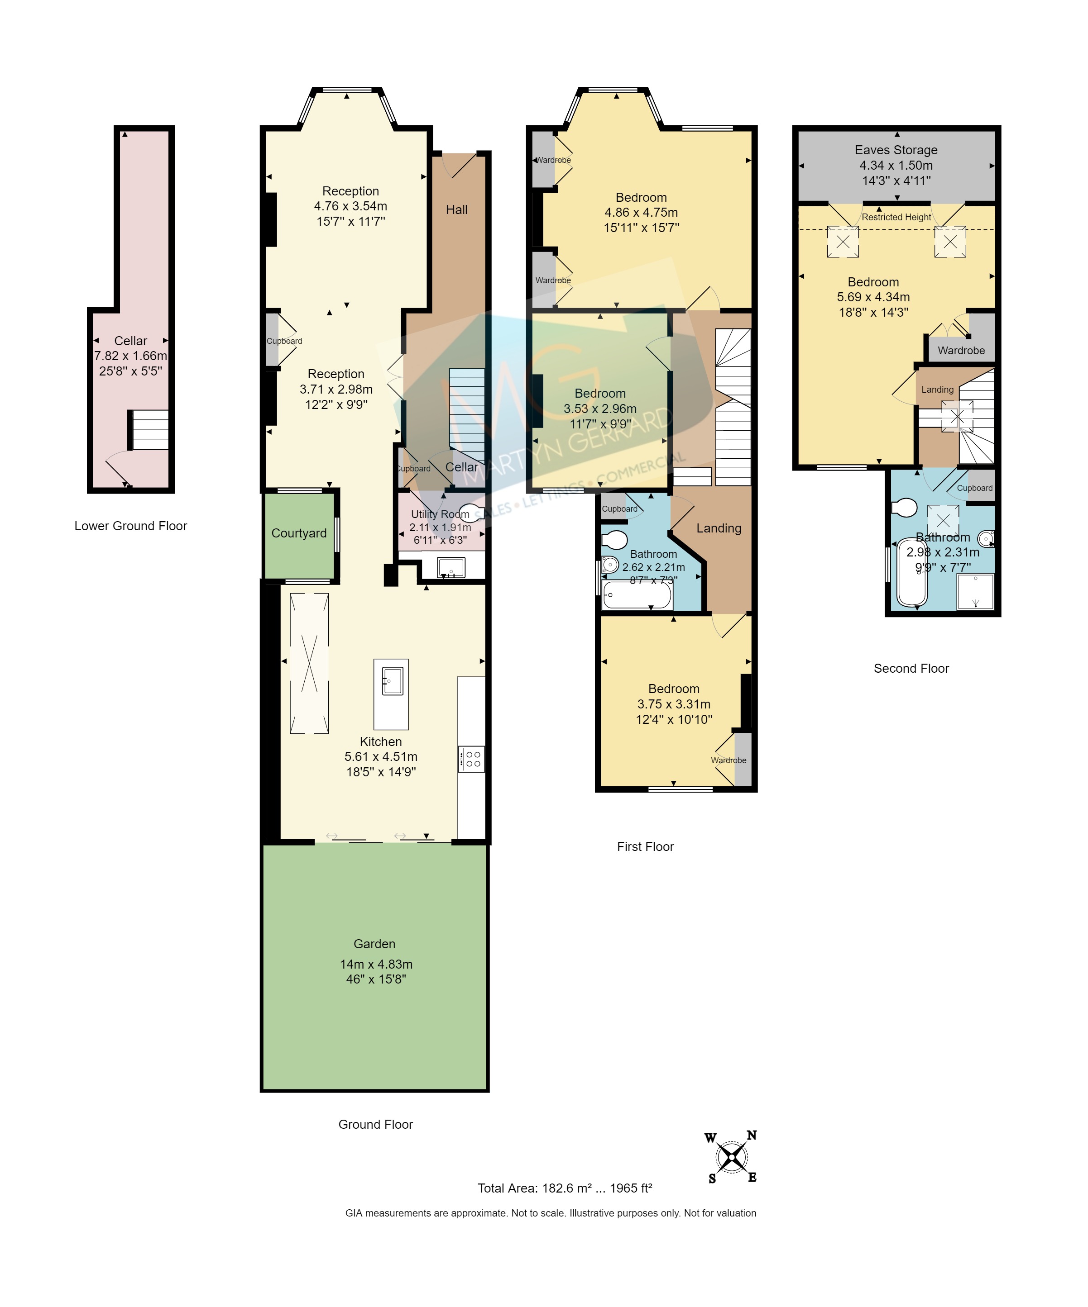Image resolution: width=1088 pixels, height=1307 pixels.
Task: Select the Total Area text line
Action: (x=564, y=1188)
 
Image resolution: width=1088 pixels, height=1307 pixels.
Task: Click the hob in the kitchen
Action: (x=471, y=759)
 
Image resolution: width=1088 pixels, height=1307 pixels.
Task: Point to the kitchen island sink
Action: (x=392, y=680)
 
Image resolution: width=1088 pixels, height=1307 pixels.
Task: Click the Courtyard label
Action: (x=298, y=533)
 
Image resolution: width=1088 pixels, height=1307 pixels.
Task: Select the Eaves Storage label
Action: (x=896, y=150)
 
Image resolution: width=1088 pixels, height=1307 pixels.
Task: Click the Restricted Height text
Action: (x=896, y=217)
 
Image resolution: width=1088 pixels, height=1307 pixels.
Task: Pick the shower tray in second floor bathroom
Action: (x=975, y=591)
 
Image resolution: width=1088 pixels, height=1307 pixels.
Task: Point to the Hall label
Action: (x=456, y=210)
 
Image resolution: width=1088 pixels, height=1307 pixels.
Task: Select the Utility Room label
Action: (x=440, y=514)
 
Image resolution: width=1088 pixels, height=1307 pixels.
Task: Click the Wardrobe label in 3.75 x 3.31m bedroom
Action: (x=728, y=760)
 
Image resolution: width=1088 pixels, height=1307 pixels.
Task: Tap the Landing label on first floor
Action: (x=719, y=528)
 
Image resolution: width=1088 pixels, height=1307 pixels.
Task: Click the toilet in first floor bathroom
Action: (x=615, y=539)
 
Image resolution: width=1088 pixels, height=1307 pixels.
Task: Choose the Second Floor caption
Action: (x=911, y=669)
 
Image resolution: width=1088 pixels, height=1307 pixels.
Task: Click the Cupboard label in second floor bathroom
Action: (x=974, y=488)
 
